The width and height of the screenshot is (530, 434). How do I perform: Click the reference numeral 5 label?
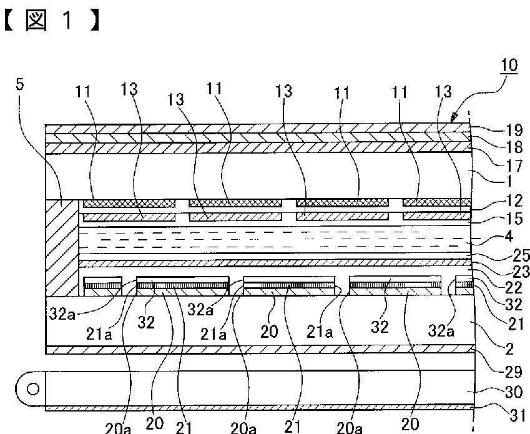point(21,84)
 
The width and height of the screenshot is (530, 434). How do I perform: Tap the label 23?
point(518,272)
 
